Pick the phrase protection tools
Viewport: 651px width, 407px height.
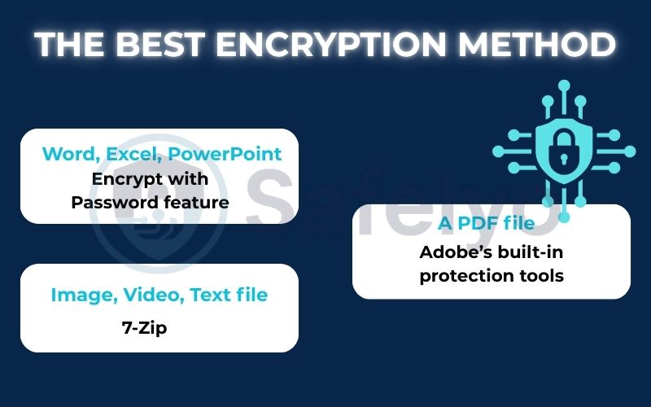click(491, 275)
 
